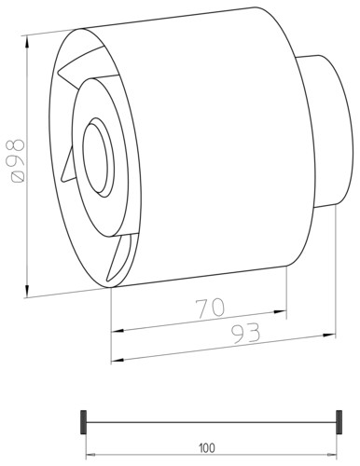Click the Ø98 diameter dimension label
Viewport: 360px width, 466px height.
pyautogui.click(x=18, y=160)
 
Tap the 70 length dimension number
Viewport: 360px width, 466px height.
pyautogui.click(x=210, y=308)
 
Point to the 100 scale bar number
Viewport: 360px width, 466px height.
pyautogui.click(x=207, y=448)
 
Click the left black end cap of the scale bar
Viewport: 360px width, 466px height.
pyautogui.click(x=83, y=422)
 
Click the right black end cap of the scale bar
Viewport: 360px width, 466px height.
pyautogui.click(x=339, y=422)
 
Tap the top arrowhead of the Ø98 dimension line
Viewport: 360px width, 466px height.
pyautogui.click(x=28, y=42)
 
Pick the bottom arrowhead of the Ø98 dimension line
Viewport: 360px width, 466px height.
pyautogui.click(x=28, y=291)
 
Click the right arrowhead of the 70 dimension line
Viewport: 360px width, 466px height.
pyautogui.click(x=280, y=311)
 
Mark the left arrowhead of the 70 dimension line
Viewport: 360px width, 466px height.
pyautogui.click(x=118, y=331)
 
